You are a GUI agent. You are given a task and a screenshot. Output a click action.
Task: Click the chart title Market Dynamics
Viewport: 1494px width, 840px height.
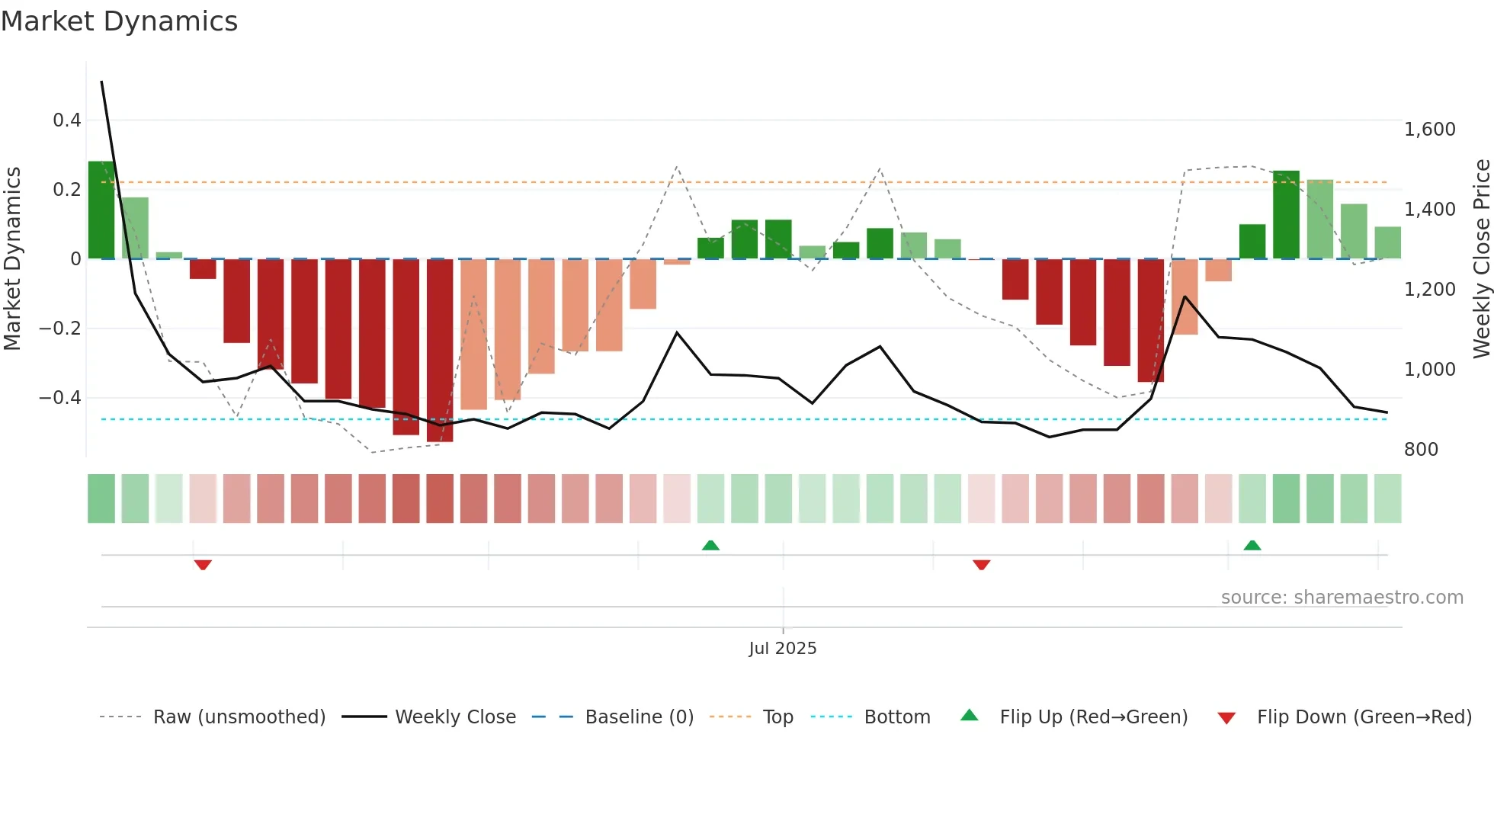(119, 21)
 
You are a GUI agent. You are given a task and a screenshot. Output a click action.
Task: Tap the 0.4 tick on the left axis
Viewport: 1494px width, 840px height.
(67, 120)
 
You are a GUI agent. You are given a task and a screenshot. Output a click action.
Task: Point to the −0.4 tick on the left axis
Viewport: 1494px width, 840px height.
(60, 398)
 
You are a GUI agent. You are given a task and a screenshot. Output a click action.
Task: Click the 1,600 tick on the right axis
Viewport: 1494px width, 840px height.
(1429, 130)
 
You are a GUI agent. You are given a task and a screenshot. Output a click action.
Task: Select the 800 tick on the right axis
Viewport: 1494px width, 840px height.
(1421, 450)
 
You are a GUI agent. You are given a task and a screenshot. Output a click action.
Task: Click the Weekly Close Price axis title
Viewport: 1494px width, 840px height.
(1481, 259)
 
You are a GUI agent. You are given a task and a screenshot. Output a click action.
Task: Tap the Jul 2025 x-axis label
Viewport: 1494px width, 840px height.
(782, 649)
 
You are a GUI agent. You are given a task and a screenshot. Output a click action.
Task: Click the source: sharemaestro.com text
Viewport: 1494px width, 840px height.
(1342, 598)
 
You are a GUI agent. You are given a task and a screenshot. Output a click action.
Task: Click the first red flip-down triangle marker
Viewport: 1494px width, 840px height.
(203, 565)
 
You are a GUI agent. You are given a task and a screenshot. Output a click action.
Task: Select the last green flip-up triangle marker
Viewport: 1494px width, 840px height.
(1252, 545)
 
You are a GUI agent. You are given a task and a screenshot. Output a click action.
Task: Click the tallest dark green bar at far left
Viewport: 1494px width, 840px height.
(101, 210)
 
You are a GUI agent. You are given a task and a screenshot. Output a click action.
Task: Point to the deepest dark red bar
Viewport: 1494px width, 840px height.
(440, 351)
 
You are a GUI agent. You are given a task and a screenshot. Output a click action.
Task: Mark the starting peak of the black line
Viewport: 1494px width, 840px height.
(102, 82)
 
